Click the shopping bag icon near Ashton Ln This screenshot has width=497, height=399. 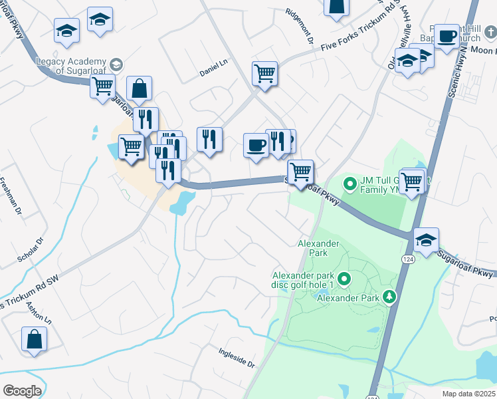(x=33, y=338)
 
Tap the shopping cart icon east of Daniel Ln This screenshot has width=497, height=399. (x=264, y=73)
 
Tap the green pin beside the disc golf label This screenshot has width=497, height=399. (x=344, y=279)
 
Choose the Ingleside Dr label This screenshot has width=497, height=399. (x=237, y=357)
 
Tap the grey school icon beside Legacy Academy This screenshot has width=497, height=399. (x=116, y=65)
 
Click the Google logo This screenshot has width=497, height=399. (x=22, y=391)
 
